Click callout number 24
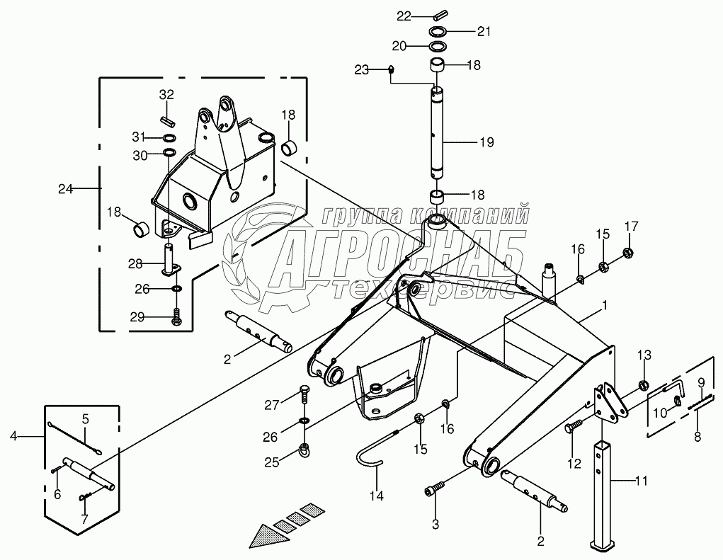click(66, 188)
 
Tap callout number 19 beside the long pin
click(486, 142)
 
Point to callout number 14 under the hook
click(376, 496)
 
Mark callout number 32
click(166, 94)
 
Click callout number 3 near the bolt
click(435, 525)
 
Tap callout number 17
click(631, 227)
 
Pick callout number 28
click(135, 264)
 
